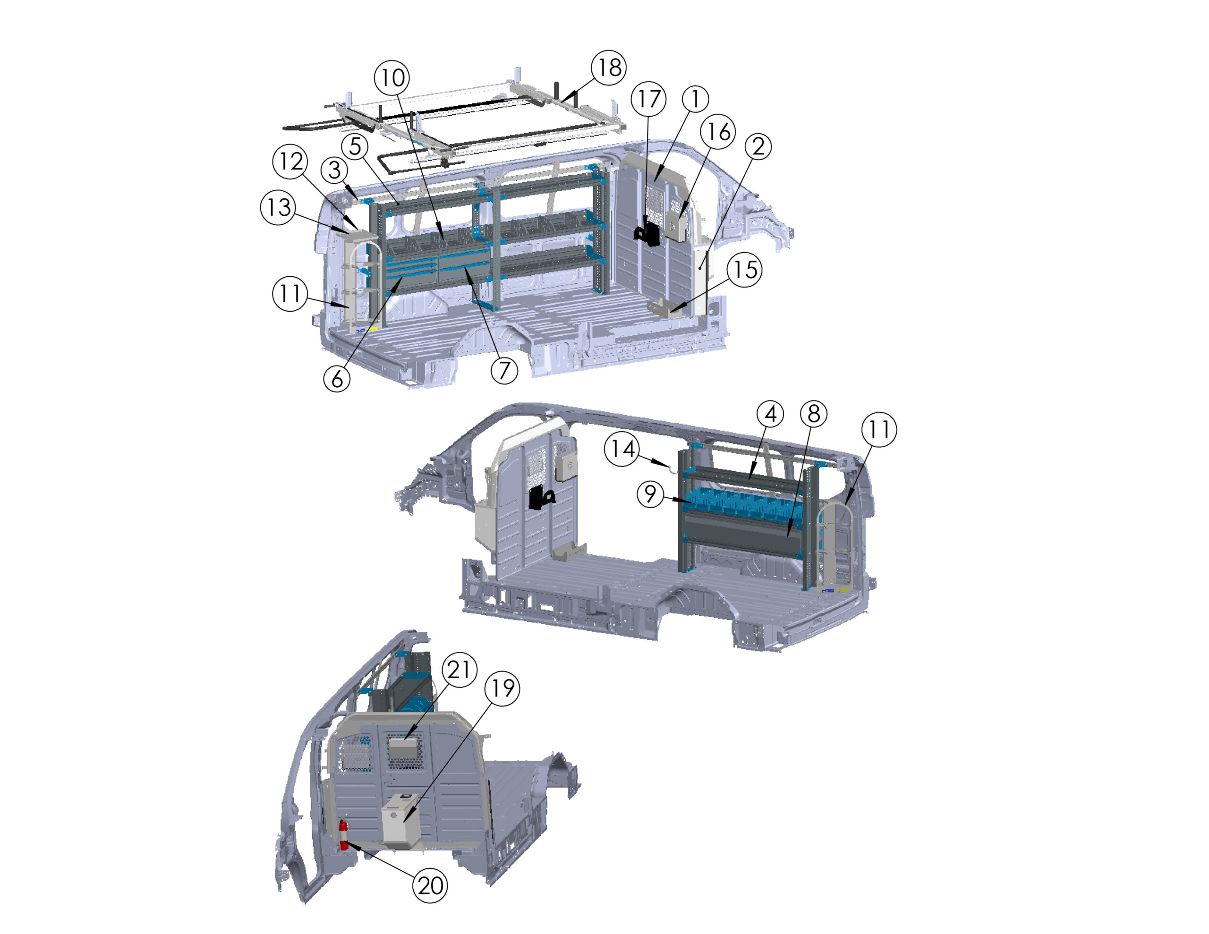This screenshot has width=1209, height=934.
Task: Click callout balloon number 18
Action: [x=609, y=68]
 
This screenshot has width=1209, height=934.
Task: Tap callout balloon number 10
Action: [x=392, y=77]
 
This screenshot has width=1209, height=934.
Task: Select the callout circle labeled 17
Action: [x=649, y=99]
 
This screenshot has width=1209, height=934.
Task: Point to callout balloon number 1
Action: [x=695, y=99]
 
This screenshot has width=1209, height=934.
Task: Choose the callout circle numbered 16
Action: [x=718, y=132]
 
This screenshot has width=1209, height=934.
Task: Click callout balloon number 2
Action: [x=758, y=146]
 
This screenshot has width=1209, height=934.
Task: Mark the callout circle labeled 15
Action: [x=745, y=270]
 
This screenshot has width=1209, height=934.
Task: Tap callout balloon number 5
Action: [x=356, y=147]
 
